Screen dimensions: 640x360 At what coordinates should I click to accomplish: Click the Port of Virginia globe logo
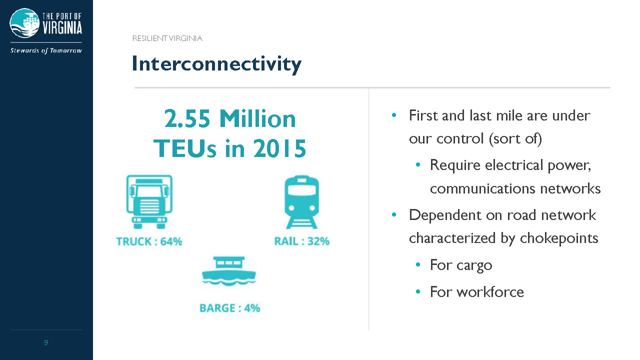24,23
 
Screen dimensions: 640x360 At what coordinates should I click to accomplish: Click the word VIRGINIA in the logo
62,28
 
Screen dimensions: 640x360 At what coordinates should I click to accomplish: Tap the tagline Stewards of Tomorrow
46,50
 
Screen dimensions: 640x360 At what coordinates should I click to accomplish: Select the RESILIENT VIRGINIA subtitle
167,38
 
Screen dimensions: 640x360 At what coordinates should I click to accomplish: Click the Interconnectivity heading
216,64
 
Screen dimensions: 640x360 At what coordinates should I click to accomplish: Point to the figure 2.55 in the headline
187,118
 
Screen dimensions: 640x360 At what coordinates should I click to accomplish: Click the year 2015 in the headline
279,148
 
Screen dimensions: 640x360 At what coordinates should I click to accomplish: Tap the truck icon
149,201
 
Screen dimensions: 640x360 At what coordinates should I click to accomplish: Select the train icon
301,202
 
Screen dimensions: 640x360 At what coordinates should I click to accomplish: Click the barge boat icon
229,271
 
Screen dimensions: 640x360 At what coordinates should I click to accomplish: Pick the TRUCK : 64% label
149,241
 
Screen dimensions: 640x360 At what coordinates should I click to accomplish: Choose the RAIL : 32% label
301,241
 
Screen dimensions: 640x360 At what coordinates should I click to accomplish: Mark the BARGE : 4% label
229,308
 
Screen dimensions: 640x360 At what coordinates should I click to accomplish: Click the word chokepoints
559,238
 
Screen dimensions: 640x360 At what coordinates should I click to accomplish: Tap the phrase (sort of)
515,139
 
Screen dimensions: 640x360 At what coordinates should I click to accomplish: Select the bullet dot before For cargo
418,265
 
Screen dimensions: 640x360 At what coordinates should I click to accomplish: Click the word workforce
490,292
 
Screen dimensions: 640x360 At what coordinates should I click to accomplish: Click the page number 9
45,342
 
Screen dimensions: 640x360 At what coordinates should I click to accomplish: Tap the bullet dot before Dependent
394,214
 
